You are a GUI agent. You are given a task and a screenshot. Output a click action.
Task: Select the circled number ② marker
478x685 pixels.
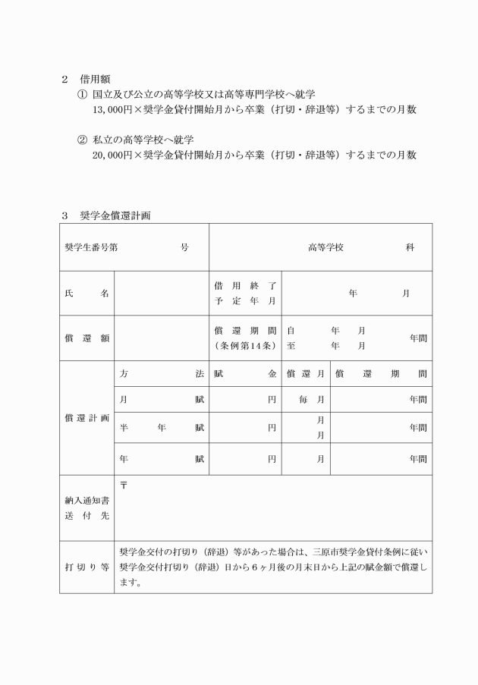click(x=83, y=140)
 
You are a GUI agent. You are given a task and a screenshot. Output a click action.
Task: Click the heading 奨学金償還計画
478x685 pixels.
click(x=115, y=215)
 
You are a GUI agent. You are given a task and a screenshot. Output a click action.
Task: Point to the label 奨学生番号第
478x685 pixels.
click(x=92, y=247)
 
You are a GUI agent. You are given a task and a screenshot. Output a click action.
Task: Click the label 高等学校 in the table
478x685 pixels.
click(x=326, y=247)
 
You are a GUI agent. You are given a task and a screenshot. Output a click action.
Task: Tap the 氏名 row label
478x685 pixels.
click(x=86, y=294)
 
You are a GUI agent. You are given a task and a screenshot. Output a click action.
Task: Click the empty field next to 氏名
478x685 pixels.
click(x=161, y=294)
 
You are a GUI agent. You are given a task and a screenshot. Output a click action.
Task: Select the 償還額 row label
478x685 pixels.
click(x=86, y=338)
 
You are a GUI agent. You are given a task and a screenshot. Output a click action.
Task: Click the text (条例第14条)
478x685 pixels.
click(x=244, y=346)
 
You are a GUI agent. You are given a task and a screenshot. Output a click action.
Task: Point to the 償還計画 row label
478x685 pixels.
click(x=86, y=418)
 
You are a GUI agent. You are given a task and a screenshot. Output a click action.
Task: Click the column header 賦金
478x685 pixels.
click(x=245, y=374)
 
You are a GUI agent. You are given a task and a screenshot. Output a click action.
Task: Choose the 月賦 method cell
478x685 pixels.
click(x=162, y=400)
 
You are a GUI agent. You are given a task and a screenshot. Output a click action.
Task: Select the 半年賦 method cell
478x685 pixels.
click(x=162, y=428)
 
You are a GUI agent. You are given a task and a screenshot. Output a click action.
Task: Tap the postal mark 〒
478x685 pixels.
click(x=124, y=485)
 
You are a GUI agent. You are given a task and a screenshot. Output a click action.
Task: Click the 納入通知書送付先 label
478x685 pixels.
click(x=86, y=508)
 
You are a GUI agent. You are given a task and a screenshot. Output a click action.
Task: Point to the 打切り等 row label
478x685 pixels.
click(x=86, y=567)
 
